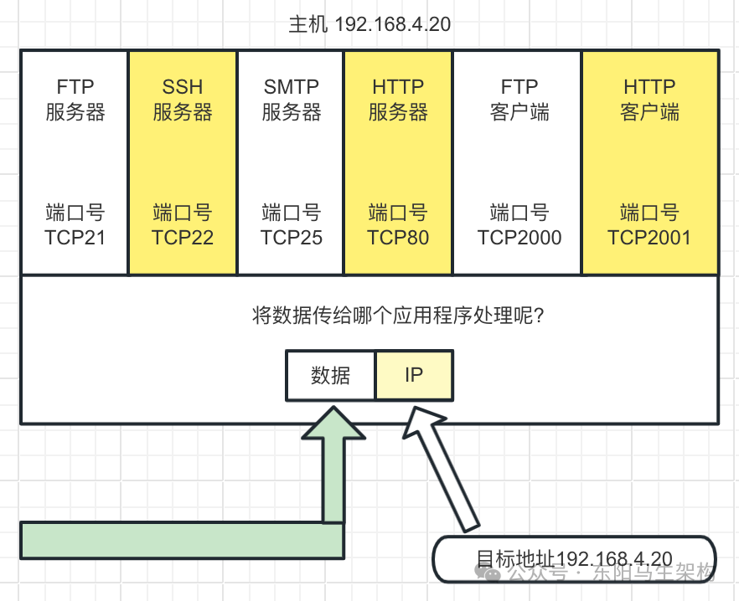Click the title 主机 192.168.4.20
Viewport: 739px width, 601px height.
tap(369, 24)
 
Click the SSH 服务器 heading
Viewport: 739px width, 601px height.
tap(183, 100)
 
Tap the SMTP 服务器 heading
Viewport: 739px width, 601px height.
tap(291, 100)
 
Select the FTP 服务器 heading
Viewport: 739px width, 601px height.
tap(75, 100)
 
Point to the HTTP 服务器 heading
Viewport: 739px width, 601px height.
tap(398, 100)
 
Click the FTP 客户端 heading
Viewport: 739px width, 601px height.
tap(519, 100)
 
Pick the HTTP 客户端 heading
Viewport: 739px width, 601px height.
tap(649, 100)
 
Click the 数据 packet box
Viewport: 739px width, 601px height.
tap(330, 376)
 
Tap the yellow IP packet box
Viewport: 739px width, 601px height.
tap(414, 376)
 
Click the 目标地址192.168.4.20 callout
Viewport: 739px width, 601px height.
tap(573, 559)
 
